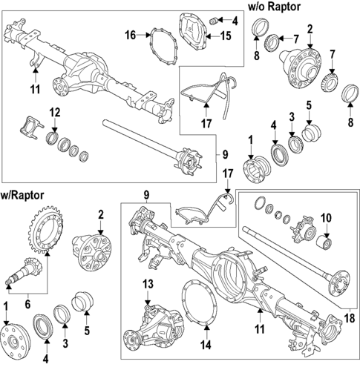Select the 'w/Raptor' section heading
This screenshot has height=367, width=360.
tap(22, 195)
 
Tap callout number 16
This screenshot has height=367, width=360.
tap(130, 35)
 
